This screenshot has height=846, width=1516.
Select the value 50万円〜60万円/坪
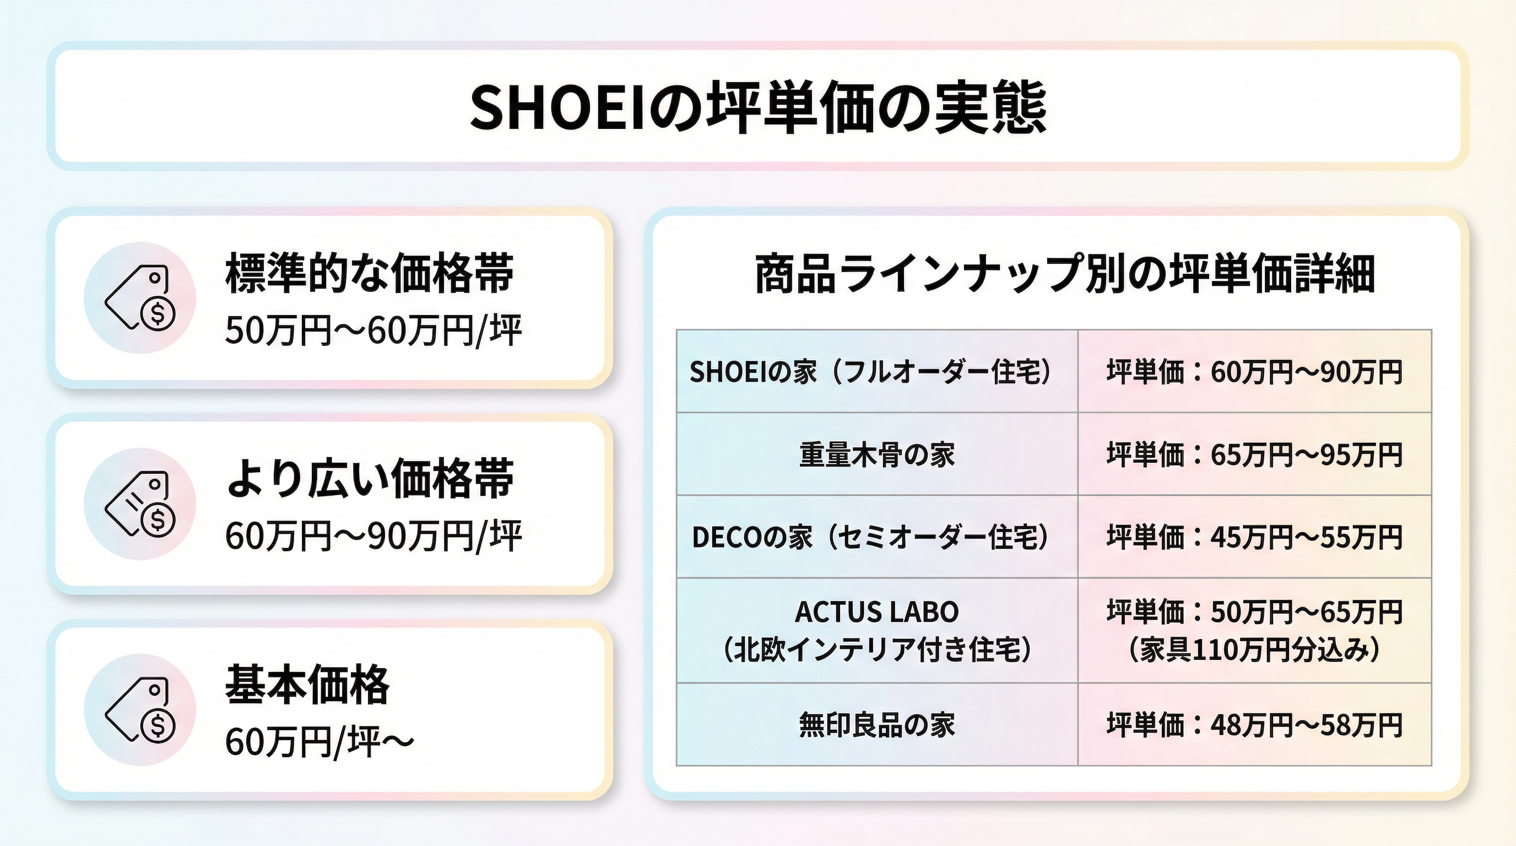[x=373, y=330]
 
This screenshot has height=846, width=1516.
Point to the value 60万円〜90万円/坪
[x=373, y=536]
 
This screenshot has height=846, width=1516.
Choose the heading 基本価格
[x=307, y=684]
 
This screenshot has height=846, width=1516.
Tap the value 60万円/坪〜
[x=320, y=742]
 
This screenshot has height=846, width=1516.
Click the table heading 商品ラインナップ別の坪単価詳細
[x=1065, y=274]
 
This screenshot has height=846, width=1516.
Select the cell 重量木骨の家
[x=877, y=455]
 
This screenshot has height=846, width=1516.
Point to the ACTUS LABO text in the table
[x=877, y=612]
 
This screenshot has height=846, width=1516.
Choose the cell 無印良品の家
[x=877, y=725]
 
